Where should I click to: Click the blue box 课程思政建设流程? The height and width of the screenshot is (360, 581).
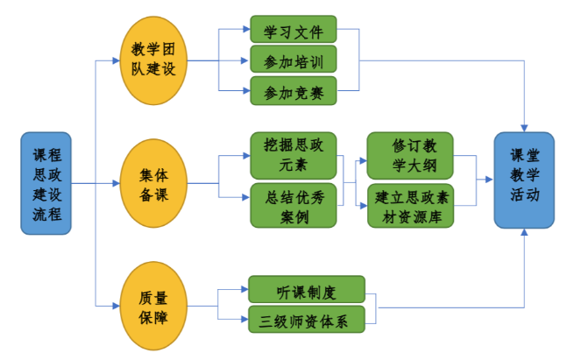tap(46, 184)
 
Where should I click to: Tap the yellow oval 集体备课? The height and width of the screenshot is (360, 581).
tap(153, 183)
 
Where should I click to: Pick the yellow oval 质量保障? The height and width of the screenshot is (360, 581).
tap(153, 306)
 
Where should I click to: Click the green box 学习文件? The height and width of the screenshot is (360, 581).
tap(293, 31)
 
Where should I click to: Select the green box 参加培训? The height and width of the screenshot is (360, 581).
tap(293, 60)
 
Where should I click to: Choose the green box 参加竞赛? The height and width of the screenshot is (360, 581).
tap(293, 90)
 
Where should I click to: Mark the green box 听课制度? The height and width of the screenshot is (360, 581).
tap(306, 290)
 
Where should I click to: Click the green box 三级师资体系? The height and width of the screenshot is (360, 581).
tap(306, 319)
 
